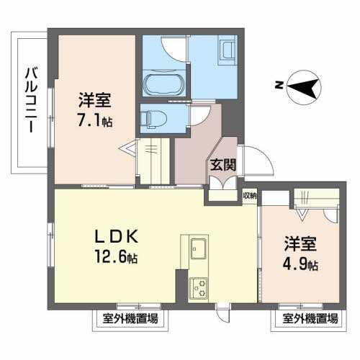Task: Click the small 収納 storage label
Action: click(249, 194)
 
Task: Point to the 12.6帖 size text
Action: click(116, 256)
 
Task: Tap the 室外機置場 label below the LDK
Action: click(126, 317)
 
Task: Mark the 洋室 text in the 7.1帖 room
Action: click(95, 100)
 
